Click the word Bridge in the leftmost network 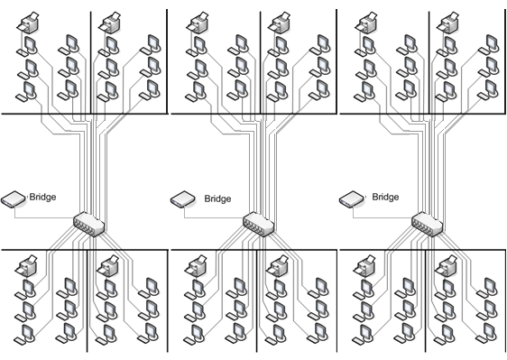click(x=42, y=197)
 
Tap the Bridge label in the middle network click(x=217, y=198)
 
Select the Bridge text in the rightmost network click(x=385, y=197)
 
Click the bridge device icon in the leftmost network click(x=13, y=198)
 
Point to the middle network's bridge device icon click(x=183, y=198)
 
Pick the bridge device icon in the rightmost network click(x=352, y=198)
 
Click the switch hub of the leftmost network click(x=89, y=224)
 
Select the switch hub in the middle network click(x=258, y=224)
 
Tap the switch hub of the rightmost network click(x=427, y=224)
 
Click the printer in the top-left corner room click(x=28, y=23)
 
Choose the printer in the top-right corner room click(x=447, y=23)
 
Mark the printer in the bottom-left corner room click(x=26, y=266)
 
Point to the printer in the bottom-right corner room click(x=446, y=266)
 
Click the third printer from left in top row click(x=198, y=23)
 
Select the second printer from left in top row click(x=110, y=23)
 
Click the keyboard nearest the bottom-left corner click(x=20, y=341)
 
